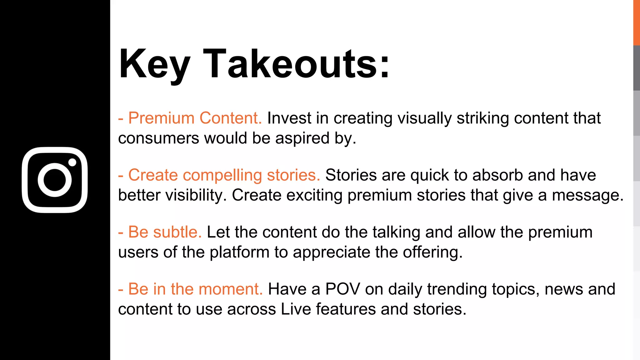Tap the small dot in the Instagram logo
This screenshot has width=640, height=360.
pos(72,162)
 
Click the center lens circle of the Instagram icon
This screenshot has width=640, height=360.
pos(55,180)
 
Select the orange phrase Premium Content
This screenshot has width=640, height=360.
pos(195,118)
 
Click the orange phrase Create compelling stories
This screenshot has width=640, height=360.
pos(224,175)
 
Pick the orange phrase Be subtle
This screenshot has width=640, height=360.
pos(165,232)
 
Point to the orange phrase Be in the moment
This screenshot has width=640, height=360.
pos(195,289)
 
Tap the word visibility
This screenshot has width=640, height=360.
pos(196,195)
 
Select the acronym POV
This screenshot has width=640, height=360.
pos(342,289)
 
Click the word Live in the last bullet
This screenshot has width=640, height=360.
pos(296,309)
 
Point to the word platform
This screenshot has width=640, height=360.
pos(239,252)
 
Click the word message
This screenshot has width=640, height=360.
pos(587,195)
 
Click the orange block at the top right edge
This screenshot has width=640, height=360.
pos(637,22)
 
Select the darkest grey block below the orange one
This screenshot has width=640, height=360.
pos(637,68)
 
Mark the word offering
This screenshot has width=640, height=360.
pos(432,252)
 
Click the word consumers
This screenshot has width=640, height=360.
pos(158,138)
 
